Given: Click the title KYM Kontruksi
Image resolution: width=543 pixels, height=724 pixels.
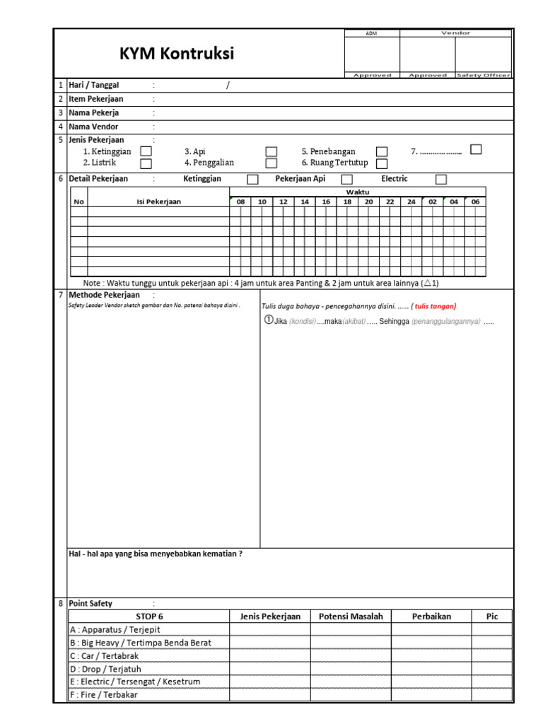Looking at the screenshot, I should coord(177,54).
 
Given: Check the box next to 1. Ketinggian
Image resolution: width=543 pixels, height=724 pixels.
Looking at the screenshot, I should coord(146,151).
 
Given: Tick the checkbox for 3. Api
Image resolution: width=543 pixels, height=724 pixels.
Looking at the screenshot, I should coord(271,151).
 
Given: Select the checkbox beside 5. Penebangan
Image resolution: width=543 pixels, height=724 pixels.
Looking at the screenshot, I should coord(382,151).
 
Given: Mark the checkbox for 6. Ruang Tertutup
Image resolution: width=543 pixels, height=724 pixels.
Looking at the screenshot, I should coord(382,163).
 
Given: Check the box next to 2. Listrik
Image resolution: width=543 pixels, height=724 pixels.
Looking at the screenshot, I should coord(146,163).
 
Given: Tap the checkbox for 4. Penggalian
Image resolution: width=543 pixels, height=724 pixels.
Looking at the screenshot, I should coord(271,163).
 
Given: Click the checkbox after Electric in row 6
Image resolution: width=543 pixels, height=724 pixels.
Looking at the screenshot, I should coord(441,180).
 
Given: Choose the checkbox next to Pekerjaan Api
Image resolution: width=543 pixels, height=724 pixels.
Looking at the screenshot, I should coord(347,180).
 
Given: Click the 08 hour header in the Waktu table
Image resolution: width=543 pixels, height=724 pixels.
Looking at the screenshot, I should coord(240,202).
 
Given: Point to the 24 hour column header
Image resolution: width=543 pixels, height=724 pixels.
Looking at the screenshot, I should coord(411,202).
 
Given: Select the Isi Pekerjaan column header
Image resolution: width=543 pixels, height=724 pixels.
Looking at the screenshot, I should coord(158,202).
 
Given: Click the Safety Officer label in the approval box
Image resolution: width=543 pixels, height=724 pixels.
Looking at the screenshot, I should coord(483,75).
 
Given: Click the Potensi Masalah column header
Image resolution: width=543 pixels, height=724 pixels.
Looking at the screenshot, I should coord(351,617).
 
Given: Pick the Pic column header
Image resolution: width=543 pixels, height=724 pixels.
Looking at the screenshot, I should coord(492,617).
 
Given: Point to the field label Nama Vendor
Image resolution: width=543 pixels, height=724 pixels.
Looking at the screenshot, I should coord(93,127).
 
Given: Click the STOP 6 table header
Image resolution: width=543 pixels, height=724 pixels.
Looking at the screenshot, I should coord(149,617).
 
